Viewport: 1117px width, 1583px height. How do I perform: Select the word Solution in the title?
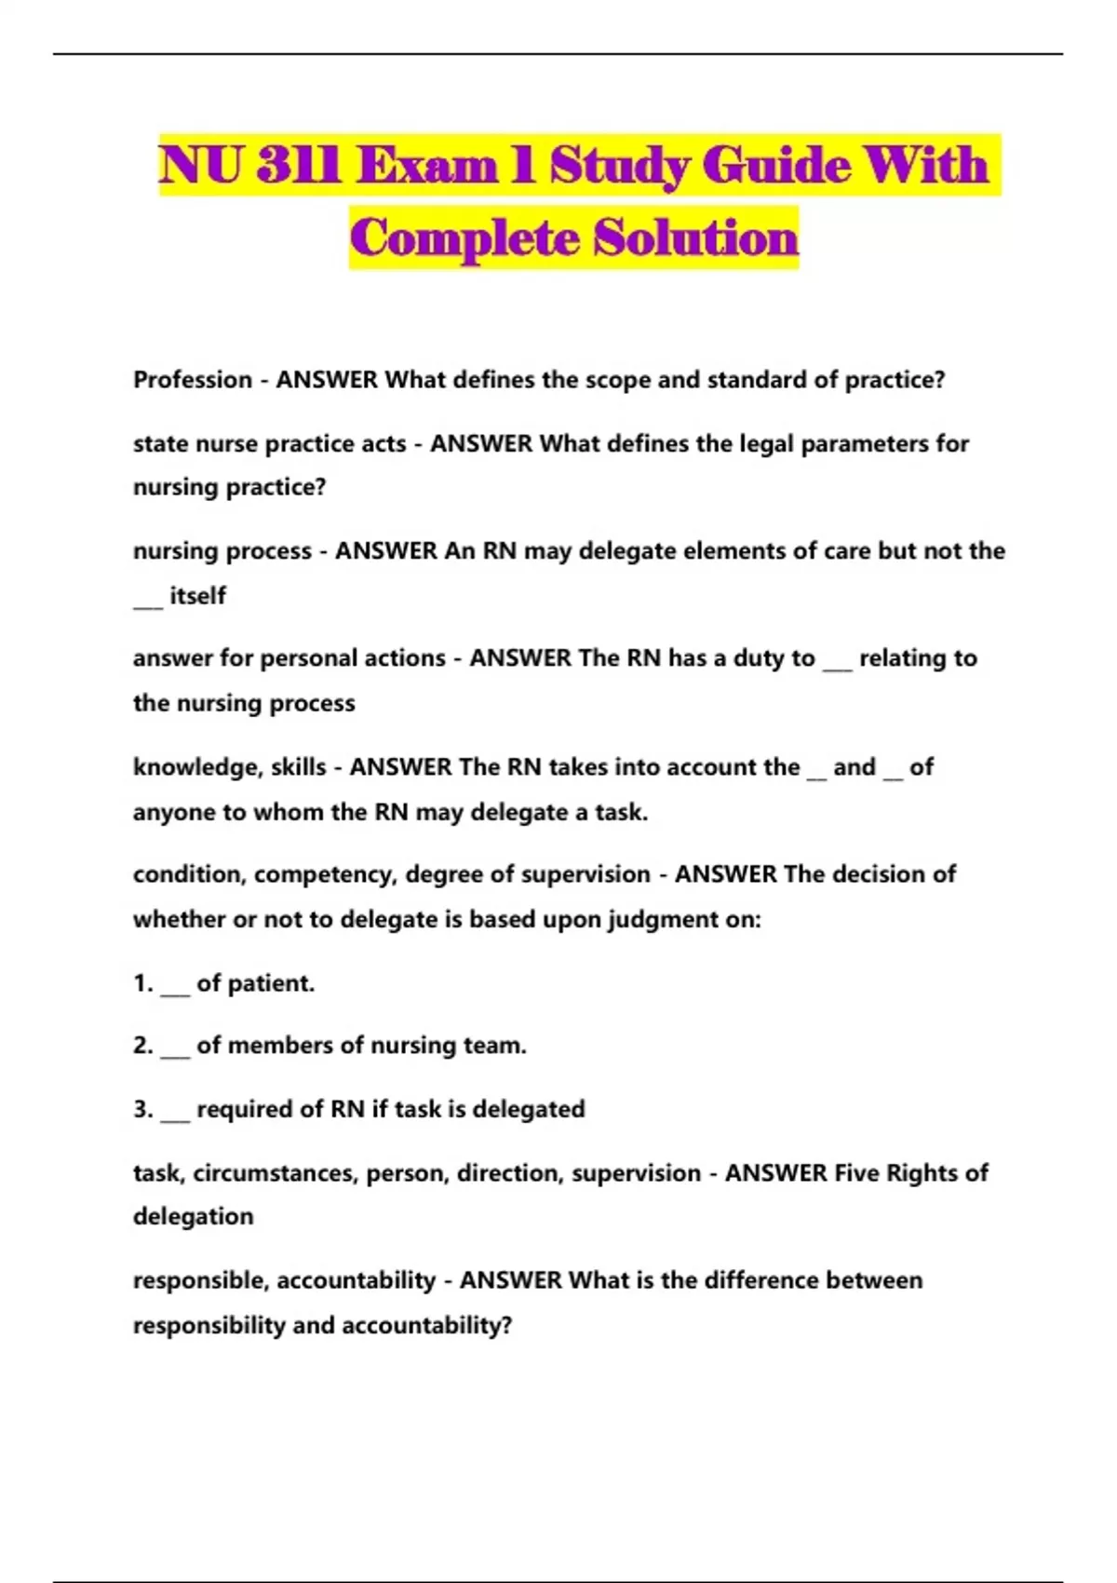point(696,237)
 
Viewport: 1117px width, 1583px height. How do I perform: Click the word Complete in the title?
point(464,237)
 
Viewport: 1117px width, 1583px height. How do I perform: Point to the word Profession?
point(193,380)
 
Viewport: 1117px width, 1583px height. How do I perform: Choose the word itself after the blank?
point(197,595)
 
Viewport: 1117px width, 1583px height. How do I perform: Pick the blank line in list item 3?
point(175,1116)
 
